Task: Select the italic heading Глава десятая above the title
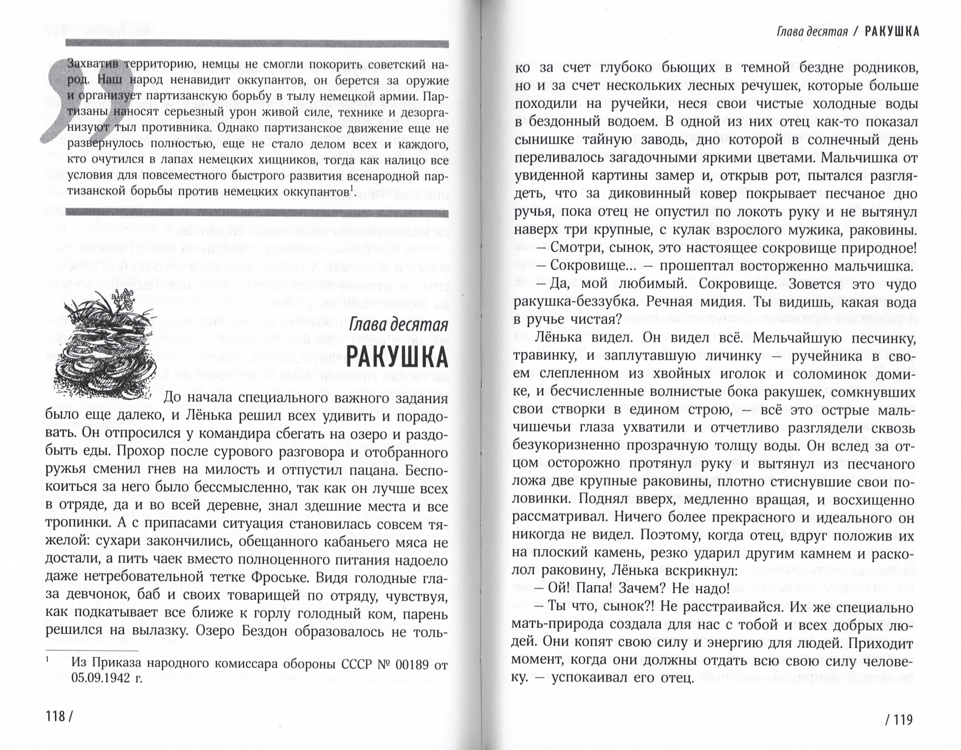point(398,326)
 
